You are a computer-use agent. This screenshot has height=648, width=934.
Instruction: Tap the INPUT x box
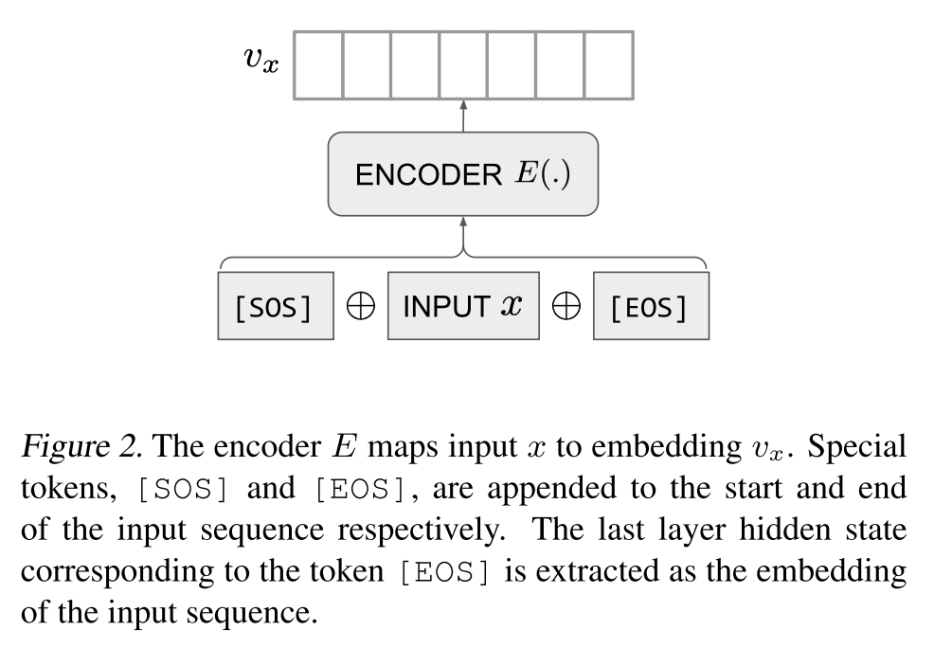pos(462,306)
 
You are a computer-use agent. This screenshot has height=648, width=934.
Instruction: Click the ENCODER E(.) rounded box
pos(462,174)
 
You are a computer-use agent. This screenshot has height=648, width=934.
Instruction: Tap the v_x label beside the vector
pos(260,60)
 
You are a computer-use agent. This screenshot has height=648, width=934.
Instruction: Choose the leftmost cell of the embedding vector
pos(317,64)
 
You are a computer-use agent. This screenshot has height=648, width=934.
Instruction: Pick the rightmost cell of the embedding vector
pos(608,64)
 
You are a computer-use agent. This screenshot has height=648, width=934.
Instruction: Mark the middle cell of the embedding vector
pos(462,64)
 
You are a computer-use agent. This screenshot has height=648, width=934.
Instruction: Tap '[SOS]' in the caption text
pos(182,490)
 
